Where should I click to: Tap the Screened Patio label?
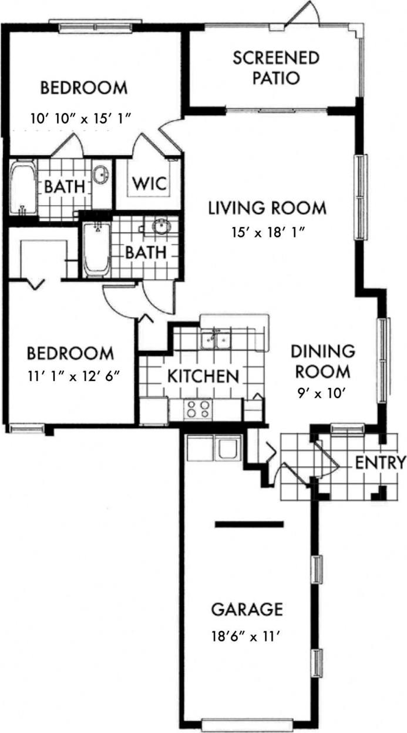276,68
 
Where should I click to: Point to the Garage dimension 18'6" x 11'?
247,635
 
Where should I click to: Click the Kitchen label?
203,376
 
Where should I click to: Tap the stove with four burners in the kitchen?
198,409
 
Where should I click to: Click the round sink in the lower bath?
161,226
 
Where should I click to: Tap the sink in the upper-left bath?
102,174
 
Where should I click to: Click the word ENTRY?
381,463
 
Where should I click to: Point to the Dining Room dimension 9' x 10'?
322,389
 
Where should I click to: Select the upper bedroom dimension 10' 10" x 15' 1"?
80,118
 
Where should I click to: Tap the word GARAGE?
247,610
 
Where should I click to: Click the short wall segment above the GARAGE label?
249,523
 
